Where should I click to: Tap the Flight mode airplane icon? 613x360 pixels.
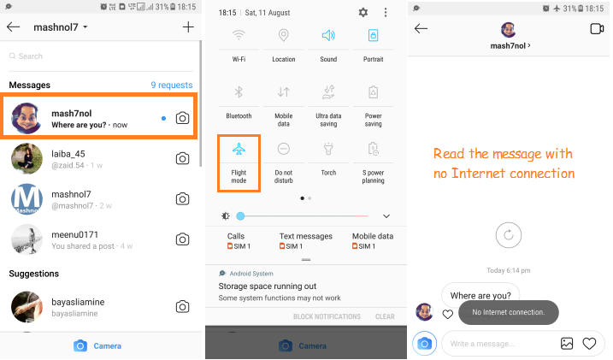(239, 148)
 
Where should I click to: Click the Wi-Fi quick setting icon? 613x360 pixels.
(239, 35)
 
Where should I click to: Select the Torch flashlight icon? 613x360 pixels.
(328, 148)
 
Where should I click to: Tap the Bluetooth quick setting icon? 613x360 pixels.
(239, 91)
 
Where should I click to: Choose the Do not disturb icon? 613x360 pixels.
(284, 148)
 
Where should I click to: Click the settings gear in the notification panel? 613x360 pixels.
(363, 13)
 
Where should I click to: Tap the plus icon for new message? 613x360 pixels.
(188, 27)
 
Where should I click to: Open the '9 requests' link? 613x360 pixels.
(171, 86)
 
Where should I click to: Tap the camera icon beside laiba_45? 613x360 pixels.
(182, 158)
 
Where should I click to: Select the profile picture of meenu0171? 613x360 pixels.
(27, 239)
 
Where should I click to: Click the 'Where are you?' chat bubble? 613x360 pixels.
(480, 296)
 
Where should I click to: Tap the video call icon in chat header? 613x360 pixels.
(597, 29)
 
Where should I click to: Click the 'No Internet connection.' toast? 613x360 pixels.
(508, 312)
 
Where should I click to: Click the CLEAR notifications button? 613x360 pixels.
(385, 316)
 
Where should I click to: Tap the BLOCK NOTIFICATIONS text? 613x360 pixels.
(327, 316)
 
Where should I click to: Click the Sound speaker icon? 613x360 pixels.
(328, 35)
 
